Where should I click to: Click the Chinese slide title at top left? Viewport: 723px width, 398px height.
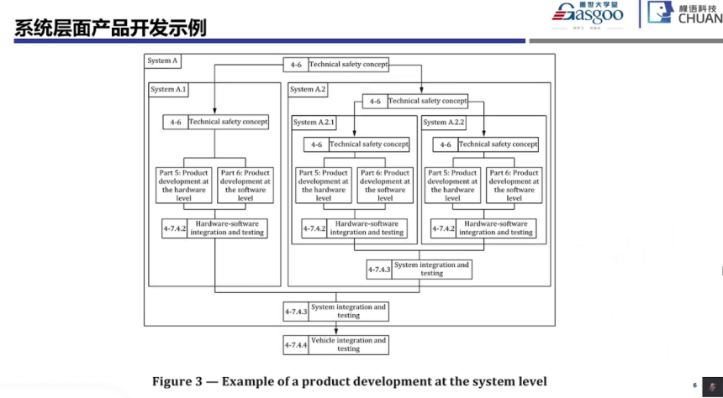click(x=110, y=28)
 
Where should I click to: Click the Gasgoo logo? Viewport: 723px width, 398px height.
click(x=588, y=14)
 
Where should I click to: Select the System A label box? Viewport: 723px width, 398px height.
click(x=163, y=61)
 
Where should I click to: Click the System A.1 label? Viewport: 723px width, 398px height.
click(x=168, y=89)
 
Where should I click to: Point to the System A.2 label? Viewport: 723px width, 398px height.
click(x=308, y=89)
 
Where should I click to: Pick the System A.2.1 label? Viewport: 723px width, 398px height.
click(x=314, y=123)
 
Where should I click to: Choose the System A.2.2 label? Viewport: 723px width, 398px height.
click(x=444, y=123)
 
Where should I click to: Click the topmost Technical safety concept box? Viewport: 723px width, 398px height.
click(x=348, y=65)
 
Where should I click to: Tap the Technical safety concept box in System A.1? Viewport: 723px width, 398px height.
click(x=228, y=122)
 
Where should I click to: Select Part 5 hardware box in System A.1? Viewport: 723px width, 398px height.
click(x=184, y=186)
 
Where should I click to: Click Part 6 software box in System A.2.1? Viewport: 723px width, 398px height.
click(x=385, y=186)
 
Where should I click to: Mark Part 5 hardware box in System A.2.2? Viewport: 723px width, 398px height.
click(x=453, y=186)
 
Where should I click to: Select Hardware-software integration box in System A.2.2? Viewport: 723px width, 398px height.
click(x=496, y=228)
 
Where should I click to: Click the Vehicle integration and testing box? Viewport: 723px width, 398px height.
click(x=348, y=344)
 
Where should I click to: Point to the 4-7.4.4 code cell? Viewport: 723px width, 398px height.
click(x=297, y=344)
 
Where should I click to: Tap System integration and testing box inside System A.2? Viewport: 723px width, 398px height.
click(x=431, y=270)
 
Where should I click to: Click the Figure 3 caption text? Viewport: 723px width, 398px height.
click(x=349, y=381)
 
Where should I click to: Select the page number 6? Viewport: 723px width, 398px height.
click(x=694, y=385)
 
